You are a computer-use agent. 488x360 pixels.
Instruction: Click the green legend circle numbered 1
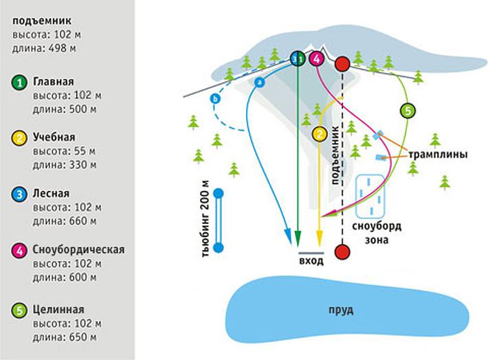pyautogui.click(x=21, y=83)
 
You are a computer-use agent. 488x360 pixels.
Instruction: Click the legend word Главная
pyautogui.click(x=54, y=80)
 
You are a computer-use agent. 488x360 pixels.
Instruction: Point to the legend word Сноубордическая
pyautogui.click(x=78, y=248)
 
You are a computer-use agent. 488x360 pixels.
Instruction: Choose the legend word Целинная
pyautogui.click(x=58, y=309)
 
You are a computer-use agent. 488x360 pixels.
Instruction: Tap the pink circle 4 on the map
pyautogui.click(x=316, y=59)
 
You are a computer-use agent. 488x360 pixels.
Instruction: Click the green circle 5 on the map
pyautogui.click(x=407, y=110)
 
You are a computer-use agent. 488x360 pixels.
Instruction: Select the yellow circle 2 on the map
pyautogui.click(x=318, y=134)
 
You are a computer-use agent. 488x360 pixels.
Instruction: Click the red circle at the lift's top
pyautogui.click(x=342, y=65)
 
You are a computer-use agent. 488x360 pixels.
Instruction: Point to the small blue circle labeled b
pyautogui.click(x=215, y=100)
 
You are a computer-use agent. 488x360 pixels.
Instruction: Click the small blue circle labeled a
pyautogui.click(x=259, y=82)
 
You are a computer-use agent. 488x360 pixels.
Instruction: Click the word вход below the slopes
pyautogui.click(x=307, y=261)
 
